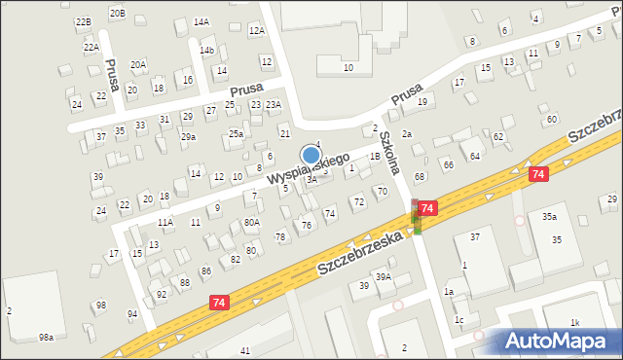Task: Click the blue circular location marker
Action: point(311,155)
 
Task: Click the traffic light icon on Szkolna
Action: point(417,217)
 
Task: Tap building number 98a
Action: point(46,337)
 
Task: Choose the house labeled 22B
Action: point(84,21)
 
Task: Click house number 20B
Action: point(117,13)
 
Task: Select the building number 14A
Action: point(202,21)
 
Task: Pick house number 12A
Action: point(256,31)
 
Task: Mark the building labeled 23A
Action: point(274,104)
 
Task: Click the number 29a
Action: point(188,137)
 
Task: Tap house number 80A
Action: point(252,222)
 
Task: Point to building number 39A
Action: point(384,277)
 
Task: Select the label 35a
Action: point(550,216)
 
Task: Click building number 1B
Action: point(374,156)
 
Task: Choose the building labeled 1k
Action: point(574,322)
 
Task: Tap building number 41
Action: point(244,349)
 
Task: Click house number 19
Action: point(421,101)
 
